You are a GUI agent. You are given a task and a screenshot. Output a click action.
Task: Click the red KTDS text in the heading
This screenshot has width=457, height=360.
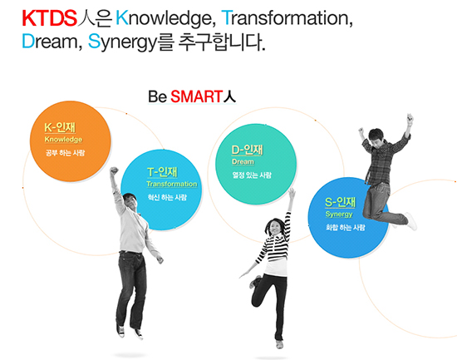pyautogui.click(x=50, y=18)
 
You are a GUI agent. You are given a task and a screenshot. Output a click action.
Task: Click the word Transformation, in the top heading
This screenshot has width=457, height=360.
pyautogui.click(x=287, y=18)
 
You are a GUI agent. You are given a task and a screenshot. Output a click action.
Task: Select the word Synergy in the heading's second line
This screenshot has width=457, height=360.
pyautogui.click(x=123, y=42)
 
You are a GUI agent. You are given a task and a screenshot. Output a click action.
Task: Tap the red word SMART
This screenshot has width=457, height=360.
pyautogui.click(x=197, y=96)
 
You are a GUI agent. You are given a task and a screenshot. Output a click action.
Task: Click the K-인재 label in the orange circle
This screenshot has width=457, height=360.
pyautogui.click(x=60, y=127)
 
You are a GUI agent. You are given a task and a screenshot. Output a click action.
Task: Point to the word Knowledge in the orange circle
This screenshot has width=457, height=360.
pyautogui.click(x=63, y=140)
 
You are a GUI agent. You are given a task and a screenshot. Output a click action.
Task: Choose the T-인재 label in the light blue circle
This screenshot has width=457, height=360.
pyautogui.click(x=162, y=172)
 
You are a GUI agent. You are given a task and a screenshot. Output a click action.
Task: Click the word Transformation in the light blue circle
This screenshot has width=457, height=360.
pyautogui.click(x=172, y=184)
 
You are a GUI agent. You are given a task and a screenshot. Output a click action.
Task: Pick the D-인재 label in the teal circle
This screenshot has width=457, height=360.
pyautogui.click(x=247, y=150)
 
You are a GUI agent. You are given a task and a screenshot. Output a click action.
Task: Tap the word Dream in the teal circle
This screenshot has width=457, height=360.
pyautogui.click(x=243, y=161)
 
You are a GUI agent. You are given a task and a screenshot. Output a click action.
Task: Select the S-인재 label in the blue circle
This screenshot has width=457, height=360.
pyautogui.click(x=340, y=202)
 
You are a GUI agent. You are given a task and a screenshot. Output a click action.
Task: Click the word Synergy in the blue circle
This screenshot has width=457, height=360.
pyautogui.click(x=339, y=215)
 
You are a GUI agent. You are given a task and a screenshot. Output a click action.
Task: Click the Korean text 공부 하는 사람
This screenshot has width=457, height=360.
pyautogui.click(x=66, y=153)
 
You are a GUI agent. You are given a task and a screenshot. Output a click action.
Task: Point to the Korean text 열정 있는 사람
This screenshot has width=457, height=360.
pyautogui.click(x=252, y=175)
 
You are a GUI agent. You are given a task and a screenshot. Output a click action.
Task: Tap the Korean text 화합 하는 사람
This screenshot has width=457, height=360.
pyautogui.click(x=346, y=228)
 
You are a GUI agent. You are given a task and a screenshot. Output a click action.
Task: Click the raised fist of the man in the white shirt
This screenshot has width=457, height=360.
pyautogui.click(x=114, y=170)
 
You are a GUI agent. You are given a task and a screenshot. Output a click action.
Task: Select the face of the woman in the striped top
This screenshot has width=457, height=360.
pyautogui.click(x=274, y=227)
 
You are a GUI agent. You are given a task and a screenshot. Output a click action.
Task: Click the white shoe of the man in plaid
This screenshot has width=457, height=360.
pyautogui.click(x=411, y=220)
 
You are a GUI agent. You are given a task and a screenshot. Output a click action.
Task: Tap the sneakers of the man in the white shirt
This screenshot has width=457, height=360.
pyautogui.click(x=130, y=332)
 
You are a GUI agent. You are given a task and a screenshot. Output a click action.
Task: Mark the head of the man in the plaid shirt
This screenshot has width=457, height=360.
pyautogui.click(x=376, y=137)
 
